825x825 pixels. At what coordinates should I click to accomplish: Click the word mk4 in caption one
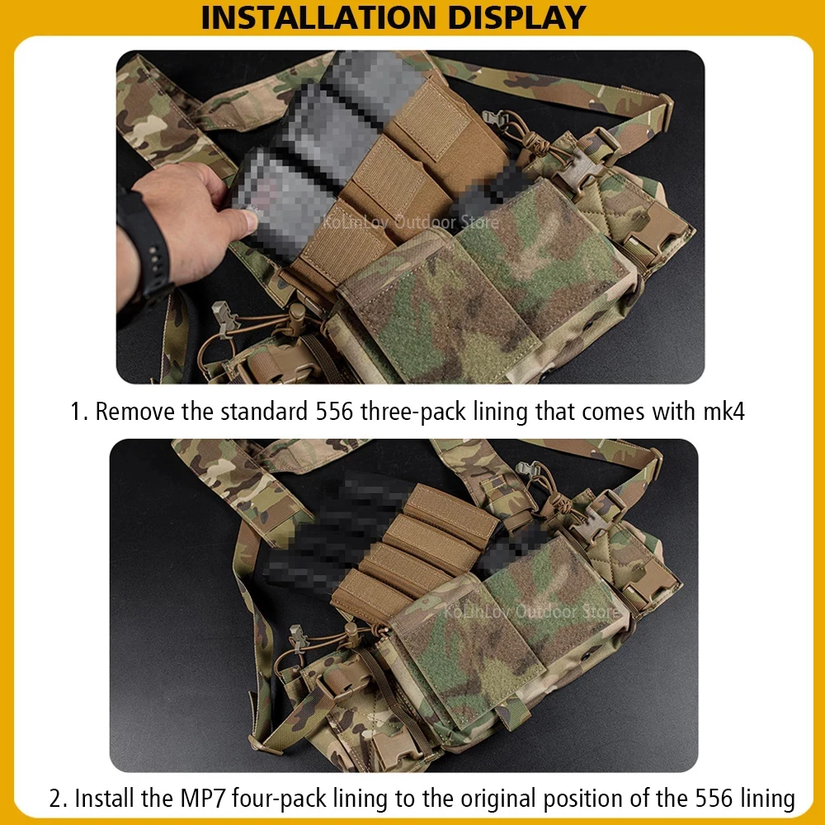724,412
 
